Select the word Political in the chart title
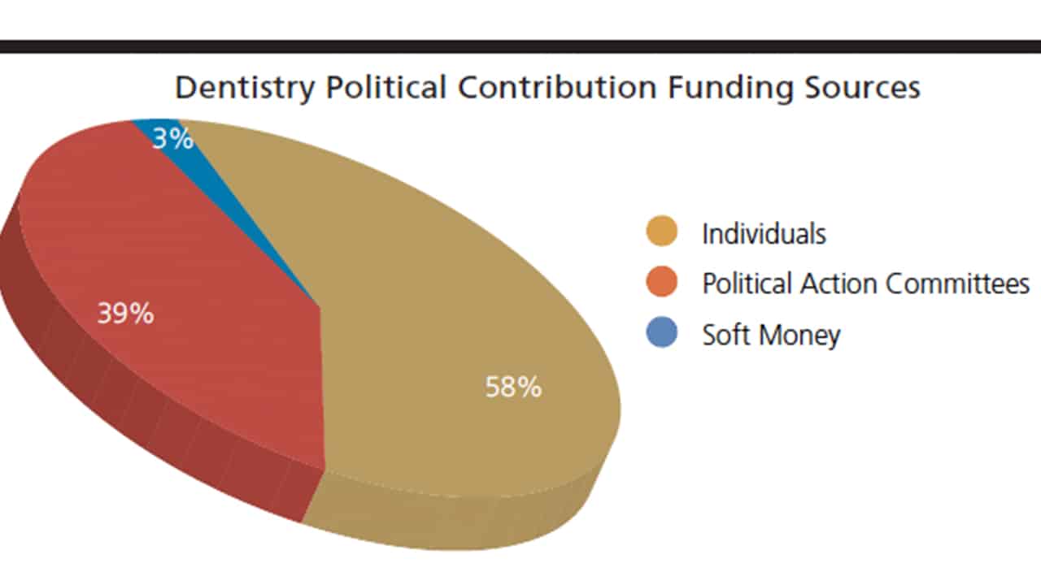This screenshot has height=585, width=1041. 385,89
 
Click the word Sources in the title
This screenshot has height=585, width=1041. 861,89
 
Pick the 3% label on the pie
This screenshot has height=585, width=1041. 173,139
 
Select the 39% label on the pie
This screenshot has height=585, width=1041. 125,313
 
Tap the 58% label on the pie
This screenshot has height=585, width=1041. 513,387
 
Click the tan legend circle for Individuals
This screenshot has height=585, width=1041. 662,232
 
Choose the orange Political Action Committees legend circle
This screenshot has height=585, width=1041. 662,283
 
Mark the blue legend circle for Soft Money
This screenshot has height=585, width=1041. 662,333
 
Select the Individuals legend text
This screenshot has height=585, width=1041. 764,234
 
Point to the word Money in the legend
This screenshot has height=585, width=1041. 800,335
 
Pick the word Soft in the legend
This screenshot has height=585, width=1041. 725,335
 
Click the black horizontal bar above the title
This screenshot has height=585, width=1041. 520,46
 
